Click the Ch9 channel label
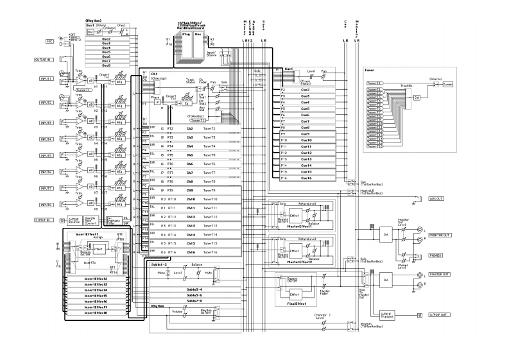[x=189, y=191]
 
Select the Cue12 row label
[x=306, y=153]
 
